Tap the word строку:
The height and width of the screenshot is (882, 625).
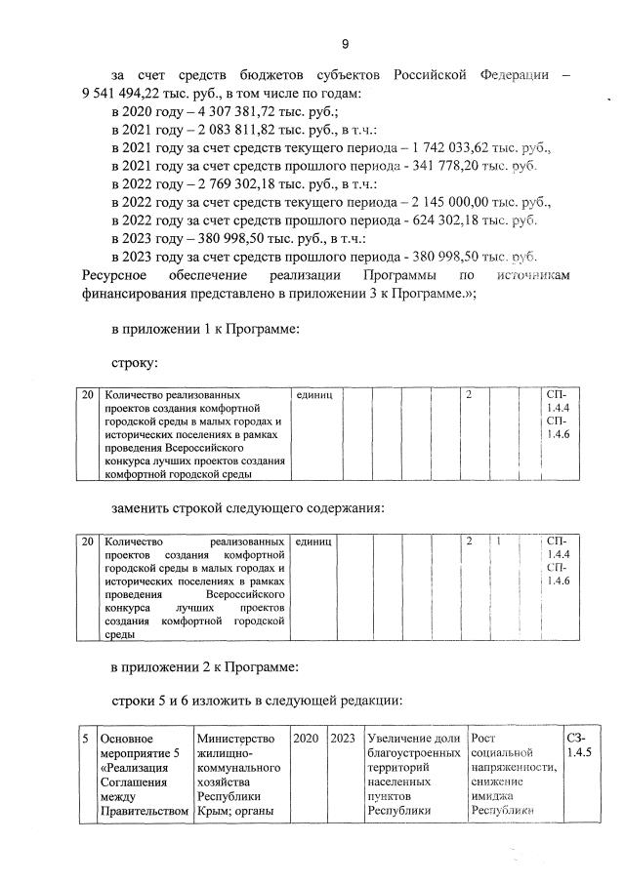pyautogui.click(x=135, y=363)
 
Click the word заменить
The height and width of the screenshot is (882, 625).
pyautogui.click(x=146, y=508)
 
